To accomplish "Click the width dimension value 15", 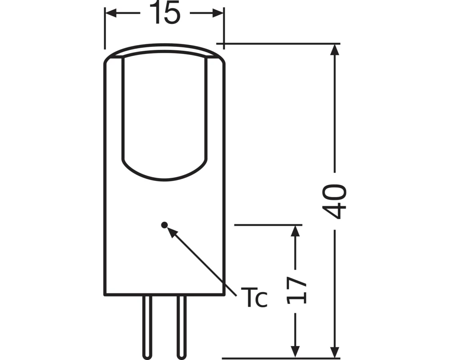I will pyautogui.click(x=165, y=13).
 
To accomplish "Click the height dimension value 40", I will pyautogui.click(x=335, y=200).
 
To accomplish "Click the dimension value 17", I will pyautogui.click(x=296, y=289).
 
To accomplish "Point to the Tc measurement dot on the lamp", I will pyautogui.click(x=164, y=224).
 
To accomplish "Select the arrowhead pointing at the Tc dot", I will pyautogui.click(x=171, y=231).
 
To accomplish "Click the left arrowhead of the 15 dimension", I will pyautogui.click(x=111, y=14).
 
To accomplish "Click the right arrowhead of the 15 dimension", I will pyautogui.click(x=218, y=14).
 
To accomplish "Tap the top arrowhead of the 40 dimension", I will pyautogui.click(x=335, y=49).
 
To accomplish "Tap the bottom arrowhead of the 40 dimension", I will pyautogui.click(x=335, y=348).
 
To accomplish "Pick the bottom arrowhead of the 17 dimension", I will pyautogui.click(x=295, y=348).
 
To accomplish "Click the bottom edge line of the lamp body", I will pyautogui.click(x=164, y=295).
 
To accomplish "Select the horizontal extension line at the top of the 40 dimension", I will pyautogui.click(x=279, y=44).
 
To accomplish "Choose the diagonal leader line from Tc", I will pyautogui.click(x=205, y=263).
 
